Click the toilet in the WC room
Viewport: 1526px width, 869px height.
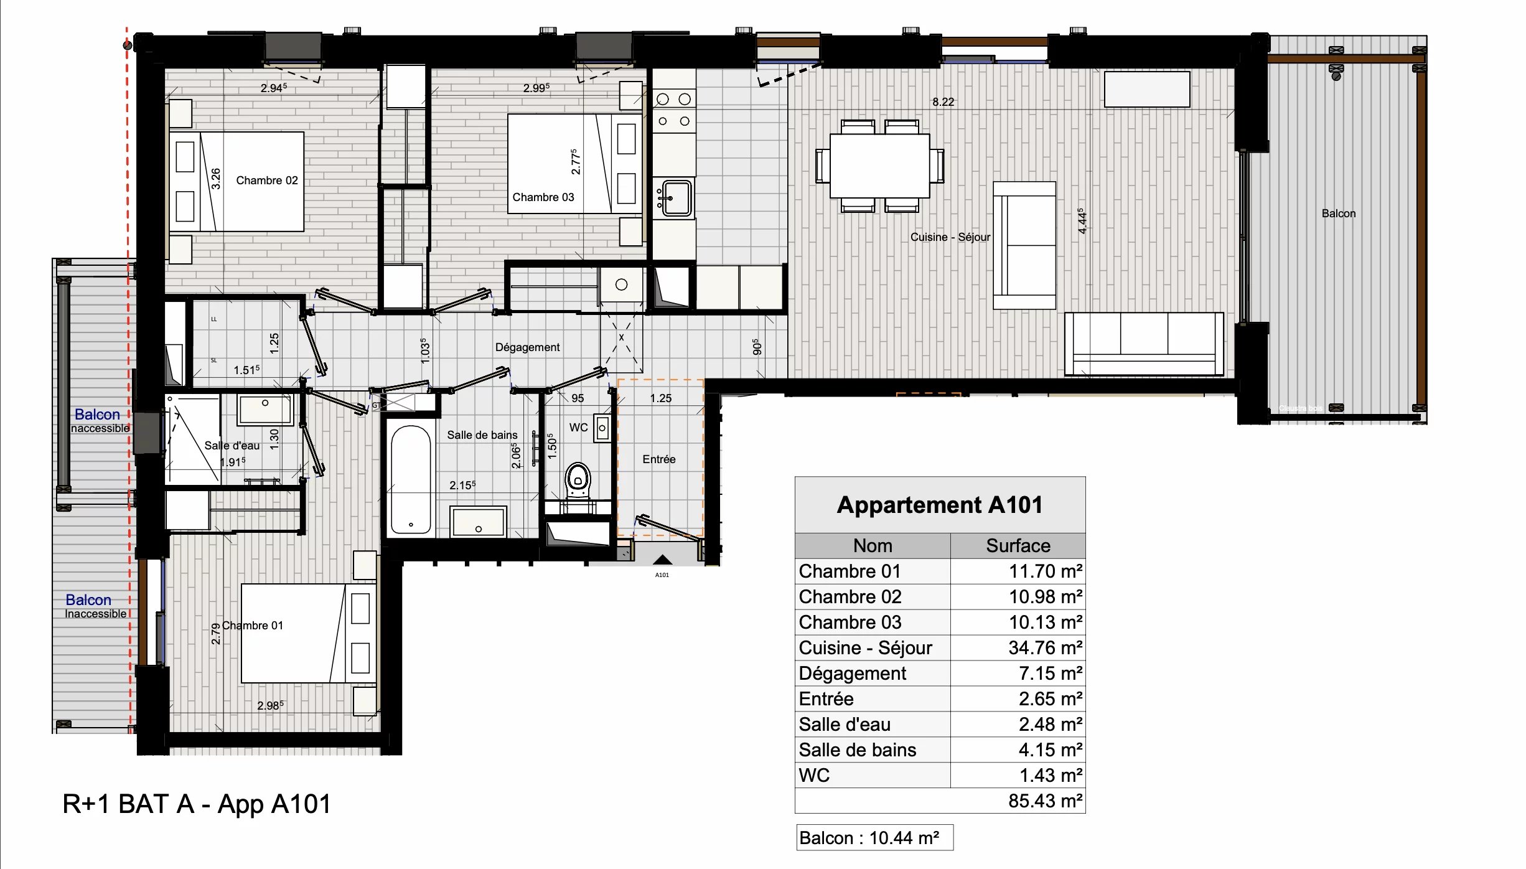click(x=578, y=479)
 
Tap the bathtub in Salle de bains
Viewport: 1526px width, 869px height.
click(x=411, y=479)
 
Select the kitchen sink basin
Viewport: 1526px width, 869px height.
click(x=676, y=198)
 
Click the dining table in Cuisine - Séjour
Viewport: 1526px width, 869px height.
click(x=879, y=166)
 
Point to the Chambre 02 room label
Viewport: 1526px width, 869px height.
click(x=266, y=181)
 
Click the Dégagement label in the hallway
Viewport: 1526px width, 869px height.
click(x=527, y=347)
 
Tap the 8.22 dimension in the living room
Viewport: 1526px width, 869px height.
click(x=943, y=102)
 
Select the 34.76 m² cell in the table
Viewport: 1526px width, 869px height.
click(x=1018, y=648)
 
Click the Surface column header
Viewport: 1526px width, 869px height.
click(x=1018, y=546)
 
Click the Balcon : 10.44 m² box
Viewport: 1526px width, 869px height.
click(x=874, y=838)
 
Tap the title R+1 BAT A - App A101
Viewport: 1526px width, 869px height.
click(x=197, y=804)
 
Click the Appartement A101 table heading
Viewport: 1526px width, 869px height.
click(x=939, y=505)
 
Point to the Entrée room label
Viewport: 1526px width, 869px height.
click(x=658, y=459)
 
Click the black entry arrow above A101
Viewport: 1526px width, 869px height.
click(x=662, y=560)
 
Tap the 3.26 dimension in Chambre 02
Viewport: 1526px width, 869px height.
click(x=215, y=179)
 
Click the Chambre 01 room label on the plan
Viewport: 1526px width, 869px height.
click(x=252, y=626)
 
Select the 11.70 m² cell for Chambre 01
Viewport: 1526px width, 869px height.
click(x=1018, y=571)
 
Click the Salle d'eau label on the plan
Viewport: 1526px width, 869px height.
click(x=232, y=446)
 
